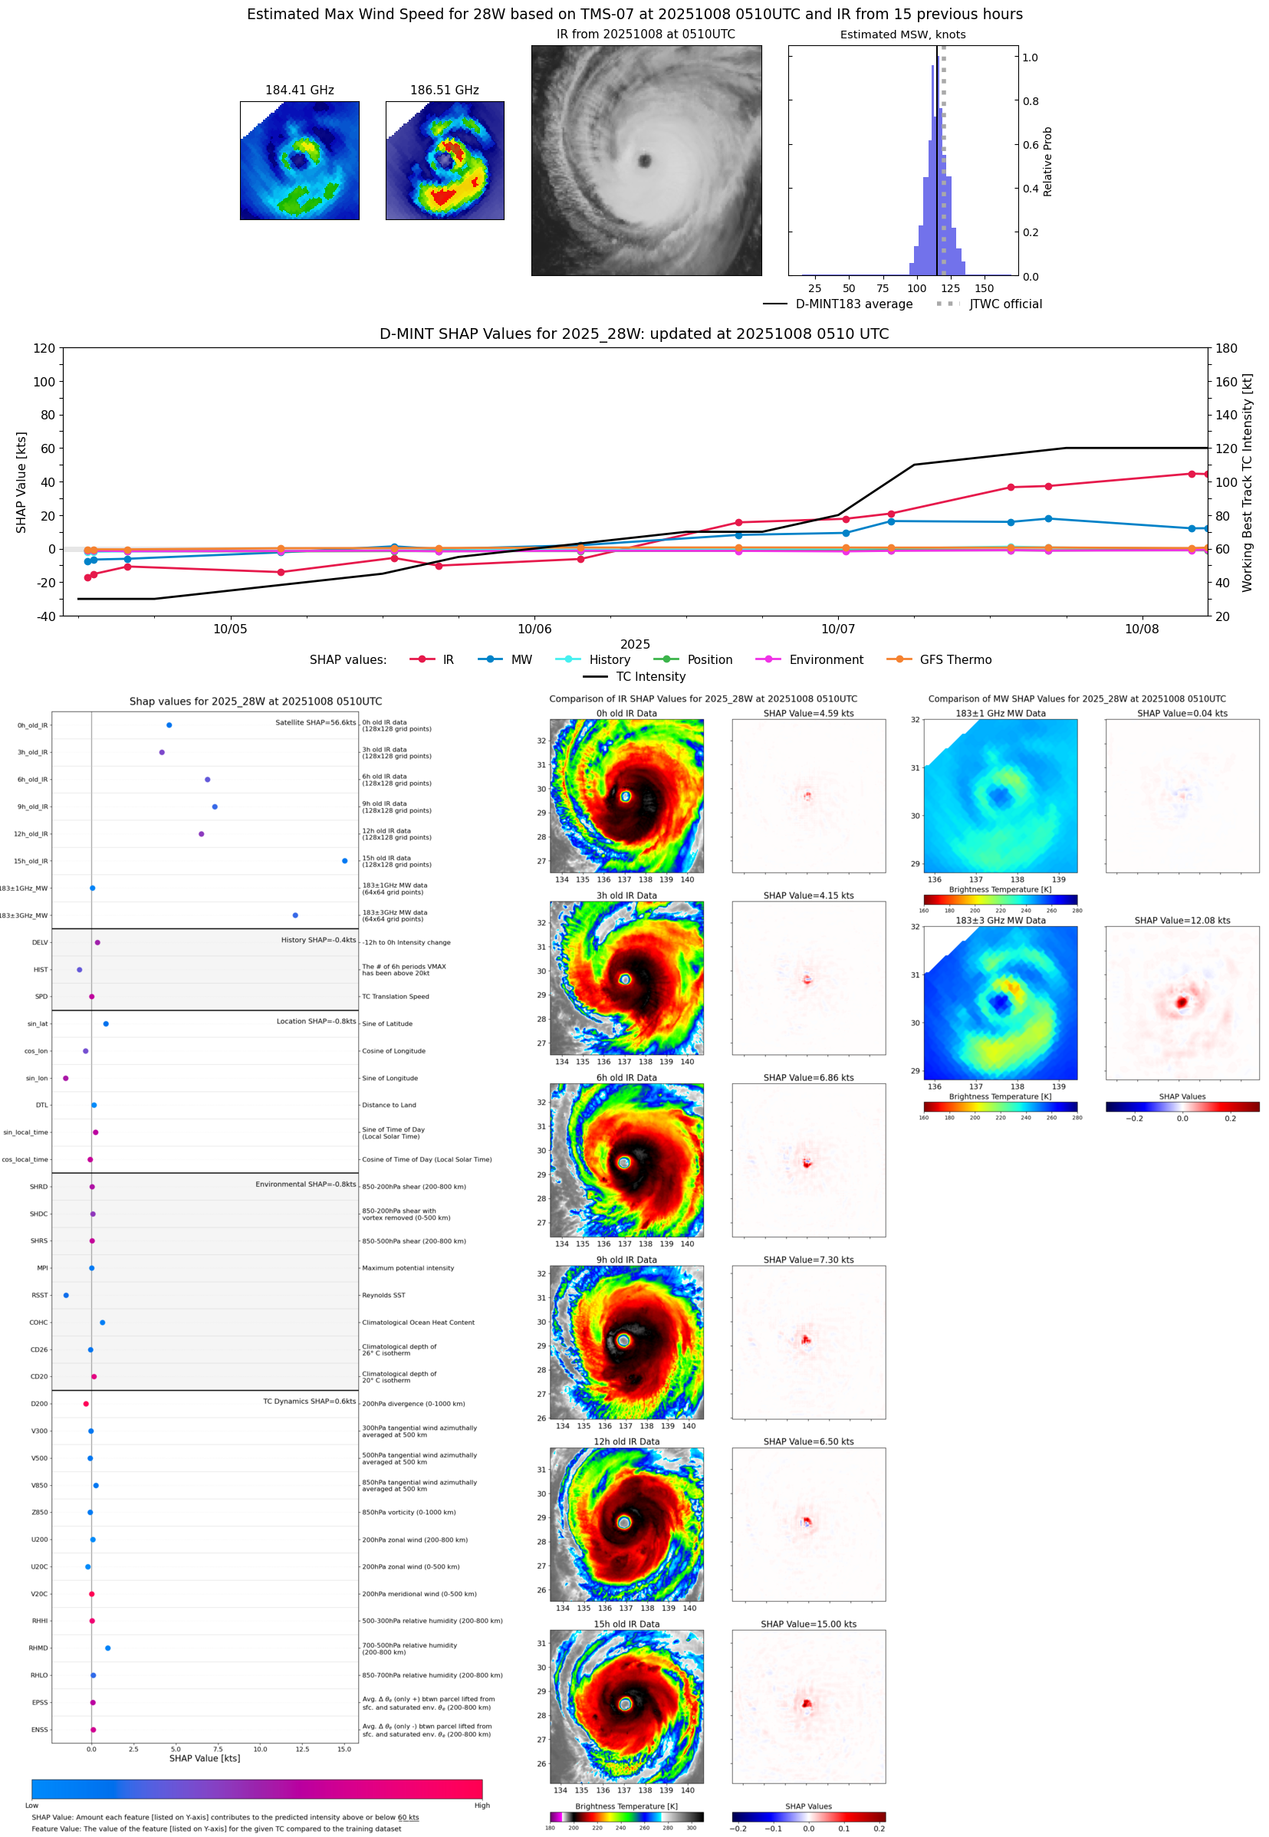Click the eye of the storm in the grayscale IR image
click(x=644, y=161)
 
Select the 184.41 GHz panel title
click(x=299, y=90)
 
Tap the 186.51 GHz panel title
click(x=445, y=90)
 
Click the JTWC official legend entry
click(x=1005, y=304)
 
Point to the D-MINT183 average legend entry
click(x=853, y=304)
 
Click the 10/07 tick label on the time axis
click(x=837, y=629)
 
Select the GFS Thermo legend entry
click(x=955, y=660)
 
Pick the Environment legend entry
click(x=825, y=660)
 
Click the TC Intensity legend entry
click(x=649, y=676)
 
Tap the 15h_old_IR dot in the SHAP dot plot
click(x=344, y=861)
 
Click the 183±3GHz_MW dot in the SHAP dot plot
click(x=295, y=915)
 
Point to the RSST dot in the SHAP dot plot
click(x=66, y=1295)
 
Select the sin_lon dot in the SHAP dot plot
click(x=65, y=1078)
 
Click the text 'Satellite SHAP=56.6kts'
click(x=315, y=722)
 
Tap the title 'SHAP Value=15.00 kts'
click(x=808, y=1624)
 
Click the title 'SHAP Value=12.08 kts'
click(x=1182, y=921)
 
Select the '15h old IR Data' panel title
click(x=626, y=1624)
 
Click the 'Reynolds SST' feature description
click(x=383, y=1295)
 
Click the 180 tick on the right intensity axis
click(x=1226, y=348)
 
